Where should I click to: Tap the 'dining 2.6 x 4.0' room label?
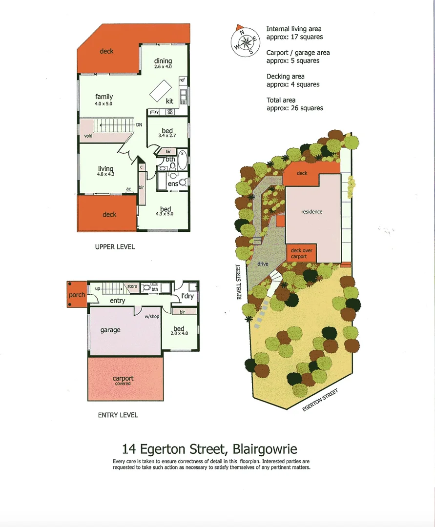163,63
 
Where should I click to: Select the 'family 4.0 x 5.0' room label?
104,100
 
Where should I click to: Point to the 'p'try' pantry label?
154,112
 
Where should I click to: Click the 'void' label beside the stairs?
88,136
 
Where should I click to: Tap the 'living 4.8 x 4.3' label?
105,171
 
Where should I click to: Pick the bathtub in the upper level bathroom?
183,160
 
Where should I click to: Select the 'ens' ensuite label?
172,184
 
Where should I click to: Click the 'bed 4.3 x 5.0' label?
165,211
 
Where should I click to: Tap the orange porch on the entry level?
76,294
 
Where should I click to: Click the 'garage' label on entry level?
110,330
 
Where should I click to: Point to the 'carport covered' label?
123,380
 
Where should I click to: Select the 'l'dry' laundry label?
187,296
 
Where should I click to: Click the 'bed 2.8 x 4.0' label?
179,331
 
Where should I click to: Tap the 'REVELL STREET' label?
240,282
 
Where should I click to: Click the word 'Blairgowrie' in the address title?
265,448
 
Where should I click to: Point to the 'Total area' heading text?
281,100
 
